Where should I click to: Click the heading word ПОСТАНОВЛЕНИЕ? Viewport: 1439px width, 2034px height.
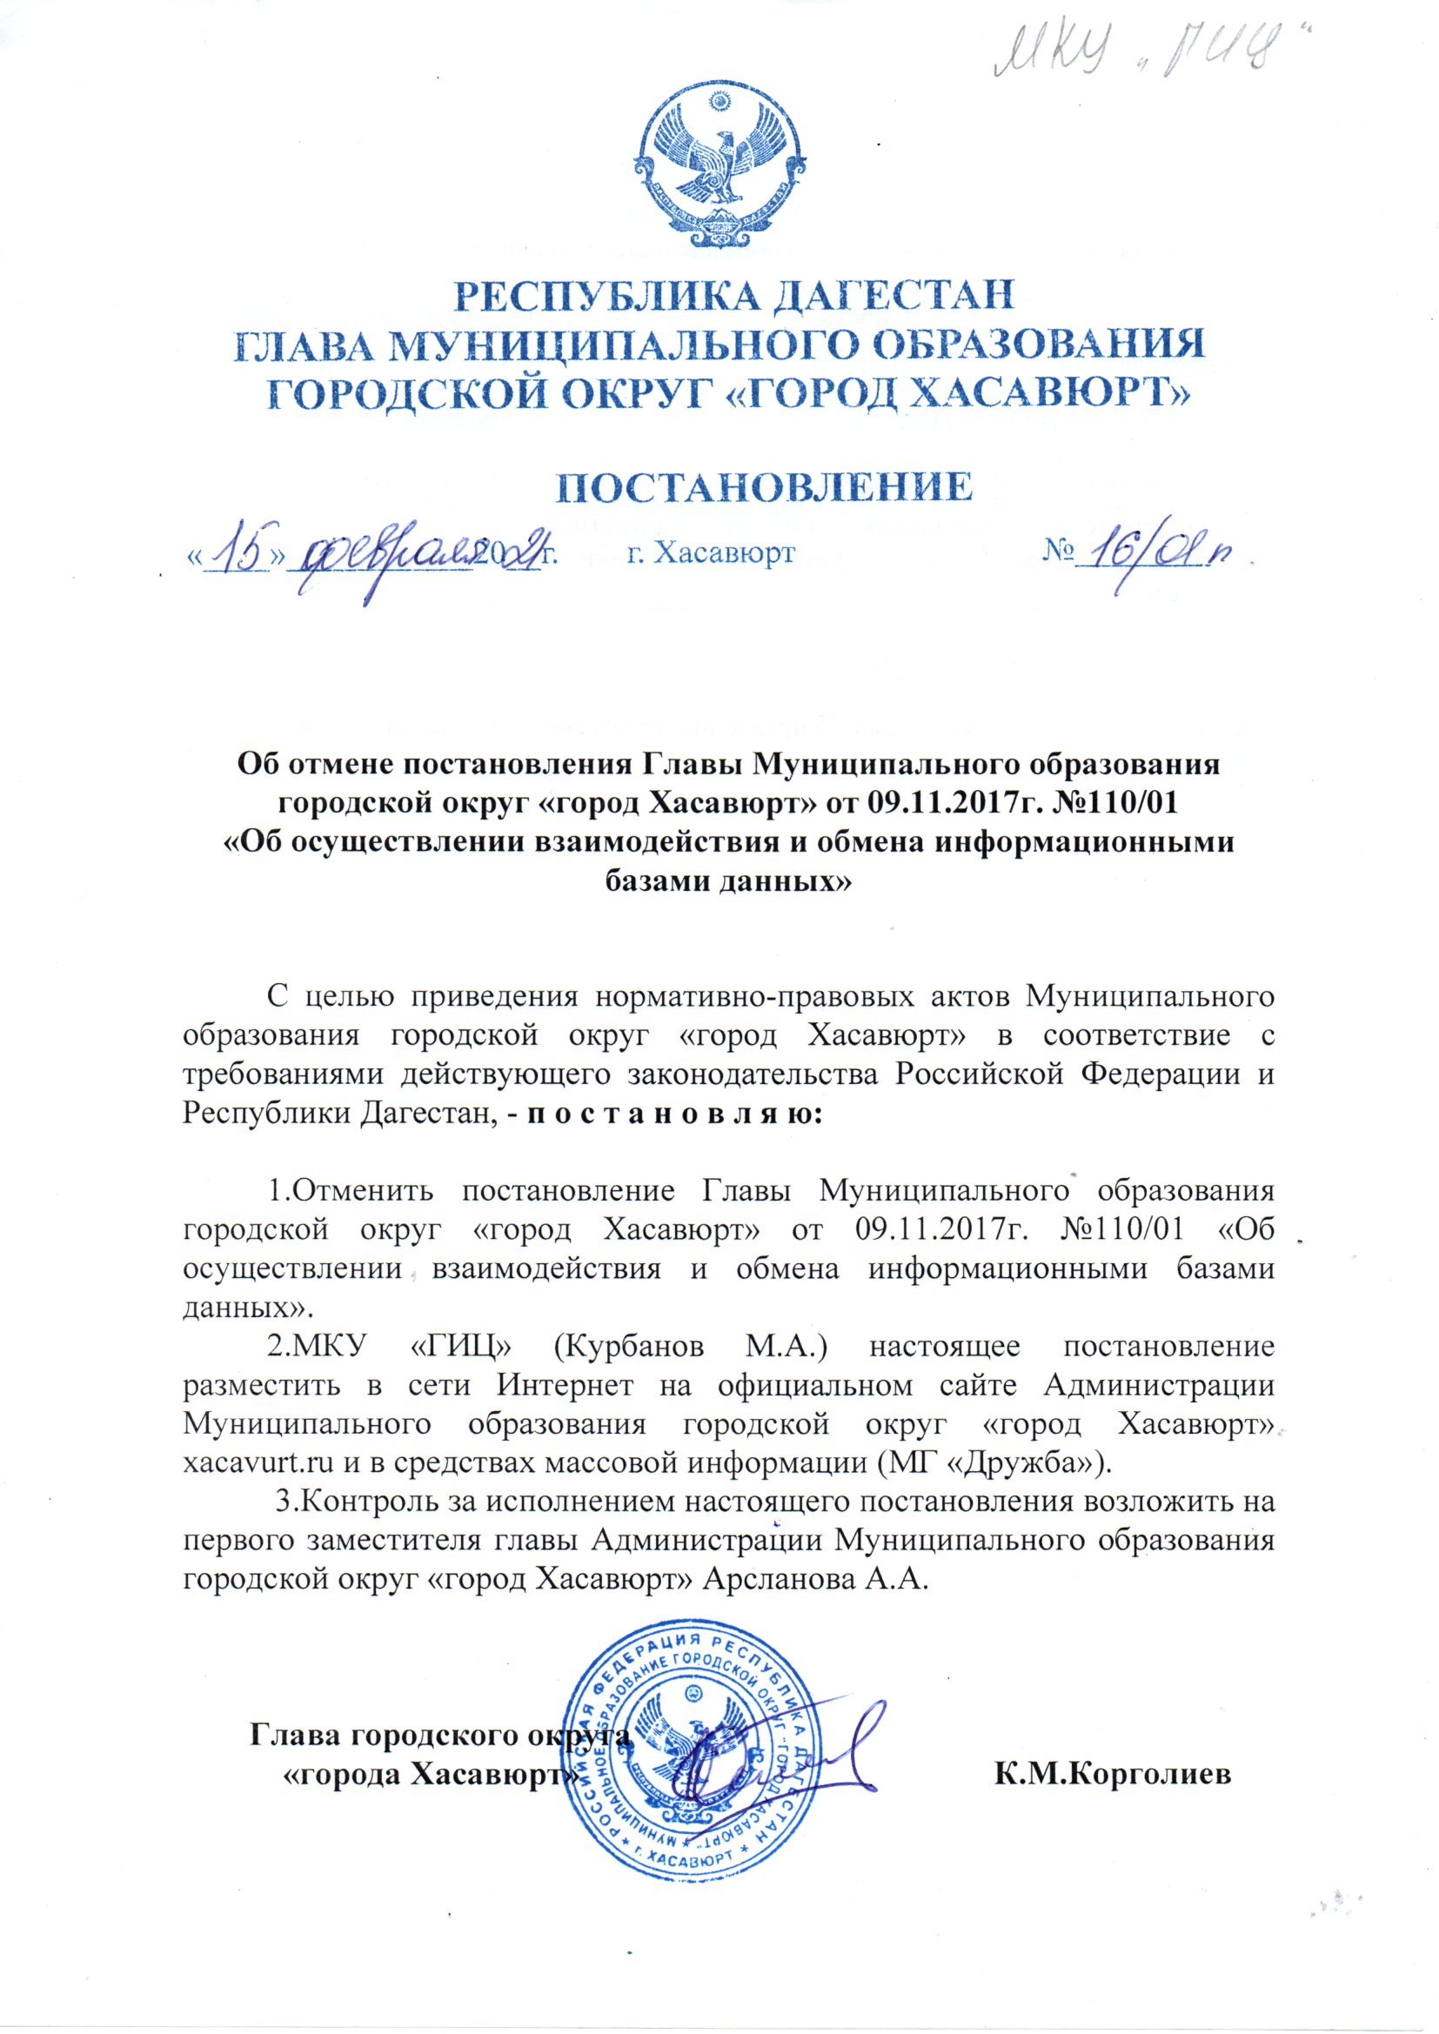coord(719,488)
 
